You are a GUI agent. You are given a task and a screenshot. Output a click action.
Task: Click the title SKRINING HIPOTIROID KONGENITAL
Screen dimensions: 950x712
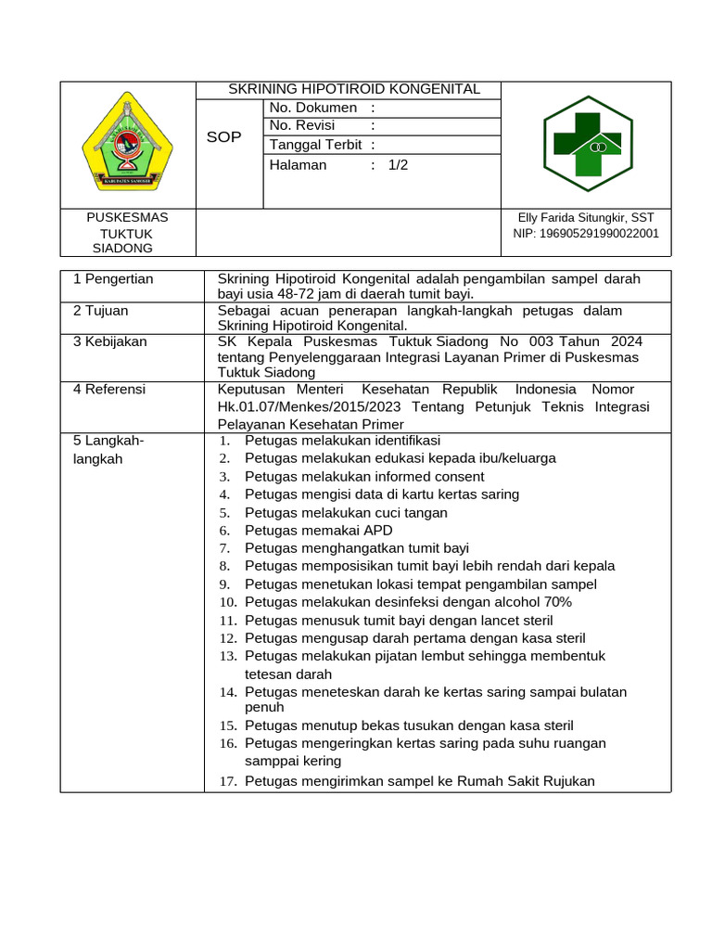point(354,89)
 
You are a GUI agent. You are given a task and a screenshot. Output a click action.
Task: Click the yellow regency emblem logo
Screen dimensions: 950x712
point(127,145)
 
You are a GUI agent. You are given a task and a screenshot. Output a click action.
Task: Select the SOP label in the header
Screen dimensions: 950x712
point(223,136)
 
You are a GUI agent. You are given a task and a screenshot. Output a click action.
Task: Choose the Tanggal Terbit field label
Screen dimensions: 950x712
point(316,145)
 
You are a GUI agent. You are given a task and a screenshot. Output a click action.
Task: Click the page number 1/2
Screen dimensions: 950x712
point(398,165)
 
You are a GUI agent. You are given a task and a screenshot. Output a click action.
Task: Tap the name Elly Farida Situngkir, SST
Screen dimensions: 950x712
point(586,217)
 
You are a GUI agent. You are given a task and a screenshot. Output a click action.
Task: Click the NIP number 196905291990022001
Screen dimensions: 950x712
point(586,234)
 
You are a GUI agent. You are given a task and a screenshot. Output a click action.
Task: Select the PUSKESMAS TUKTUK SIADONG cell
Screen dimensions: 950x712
point(127,232)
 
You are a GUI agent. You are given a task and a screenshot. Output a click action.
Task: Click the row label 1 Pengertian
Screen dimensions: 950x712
point(113,279)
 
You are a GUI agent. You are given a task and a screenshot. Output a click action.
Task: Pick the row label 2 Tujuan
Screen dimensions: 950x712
point(101,311)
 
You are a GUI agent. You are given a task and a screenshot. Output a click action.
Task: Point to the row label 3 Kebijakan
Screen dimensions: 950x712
point(109,341)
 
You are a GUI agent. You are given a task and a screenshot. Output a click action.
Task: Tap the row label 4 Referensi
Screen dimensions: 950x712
point(109,390)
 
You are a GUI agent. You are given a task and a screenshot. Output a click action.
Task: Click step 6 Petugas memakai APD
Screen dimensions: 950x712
point(318,531)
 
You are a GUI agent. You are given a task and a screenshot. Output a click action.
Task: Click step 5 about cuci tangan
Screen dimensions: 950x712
point(346,513)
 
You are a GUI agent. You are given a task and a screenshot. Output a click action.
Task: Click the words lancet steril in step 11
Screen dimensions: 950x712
point(511,620)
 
